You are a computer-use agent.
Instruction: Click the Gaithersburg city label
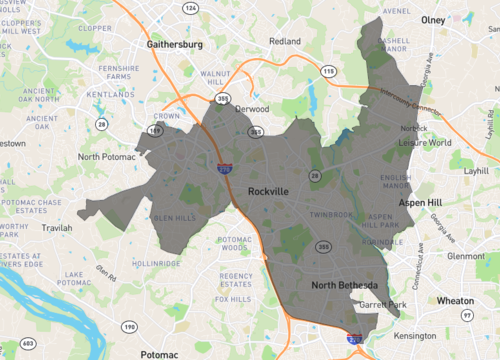coord(175,45)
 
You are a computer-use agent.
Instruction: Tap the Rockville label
coord(269,191)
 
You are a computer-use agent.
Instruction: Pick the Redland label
coord(285,42)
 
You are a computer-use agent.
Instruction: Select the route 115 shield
coord(328,71)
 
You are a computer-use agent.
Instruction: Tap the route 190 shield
coord(128,327)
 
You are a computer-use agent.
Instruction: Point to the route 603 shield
coord(27,343)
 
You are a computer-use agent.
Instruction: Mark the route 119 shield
coord(155,131)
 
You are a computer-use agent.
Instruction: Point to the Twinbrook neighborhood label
coord(331,214)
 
